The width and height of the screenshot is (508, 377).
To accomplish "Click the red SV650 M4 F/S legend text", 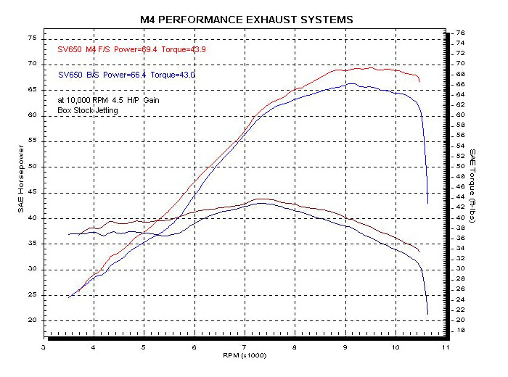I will tap(81, 49).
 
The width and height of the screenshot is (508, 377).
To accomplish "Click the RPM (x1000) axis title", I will tap(245, 355).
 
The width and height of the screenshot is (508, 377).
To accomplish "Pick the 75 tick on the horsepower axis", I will tap(32, 38).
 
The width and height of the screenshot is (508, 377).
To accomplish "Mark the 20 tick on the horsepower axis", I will tap(32, 320).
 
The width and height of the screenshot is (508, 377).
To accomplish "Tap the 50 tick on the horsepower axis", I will tap(32, 166).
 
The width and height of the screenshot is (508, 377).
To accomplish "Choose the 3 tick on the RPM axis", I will tap(44, 347).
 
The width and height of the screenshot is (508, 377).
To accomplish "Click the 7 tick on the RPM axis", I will tap(245, 347).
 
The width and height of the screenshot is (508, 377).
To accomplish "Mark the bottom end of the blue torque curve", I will tap(428, 314).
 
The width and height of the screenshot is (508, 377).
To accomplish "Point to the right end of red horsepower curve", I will tap(419, 81).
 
